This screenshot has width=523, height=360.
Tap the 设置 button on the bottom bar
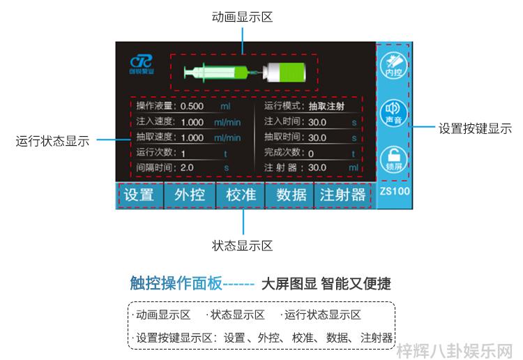(x=139, y=195)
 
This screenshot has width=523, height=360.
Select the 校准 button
(x=241, y=195)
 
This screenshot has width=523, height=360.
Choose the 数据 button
(x=291, y=195)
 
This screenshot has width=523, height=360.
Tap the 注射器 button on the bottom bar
(x=343, y=195)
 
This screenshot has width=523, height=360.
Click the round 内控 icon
(x=393, y=66)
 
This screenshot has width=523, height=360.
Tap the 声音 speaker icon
(x=393, y=113)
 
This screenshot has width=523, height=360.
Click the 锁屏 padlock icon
(x=393, y=159)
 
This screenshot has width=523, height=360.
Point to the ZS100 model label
(x=395, y=191)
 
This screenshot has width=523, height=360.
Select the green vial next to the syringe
(x=284, y=72)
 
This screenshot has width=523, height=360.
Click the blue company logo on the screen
(x=142, y=64)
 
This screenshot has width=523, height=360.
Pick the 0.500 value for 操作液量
(x=192, y=107)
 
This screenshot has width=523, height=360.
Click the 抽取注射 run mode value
(x=326, y=107)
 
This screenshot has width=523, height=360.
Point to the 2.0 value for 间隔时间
(x=187, y=167)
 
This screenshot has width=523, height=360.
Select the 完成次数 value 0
(x=311, y=153)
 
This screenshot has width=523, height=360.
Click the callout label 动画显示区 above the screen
(x=242, y=17)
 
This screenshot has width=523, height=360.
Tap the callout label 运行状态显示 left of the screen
(x=52, y=141)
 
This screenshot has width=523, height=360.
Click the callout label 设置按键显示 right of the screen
(x=475, y=129)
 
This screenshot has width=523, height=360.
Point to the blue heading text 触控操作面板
(x=176, y=283)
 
